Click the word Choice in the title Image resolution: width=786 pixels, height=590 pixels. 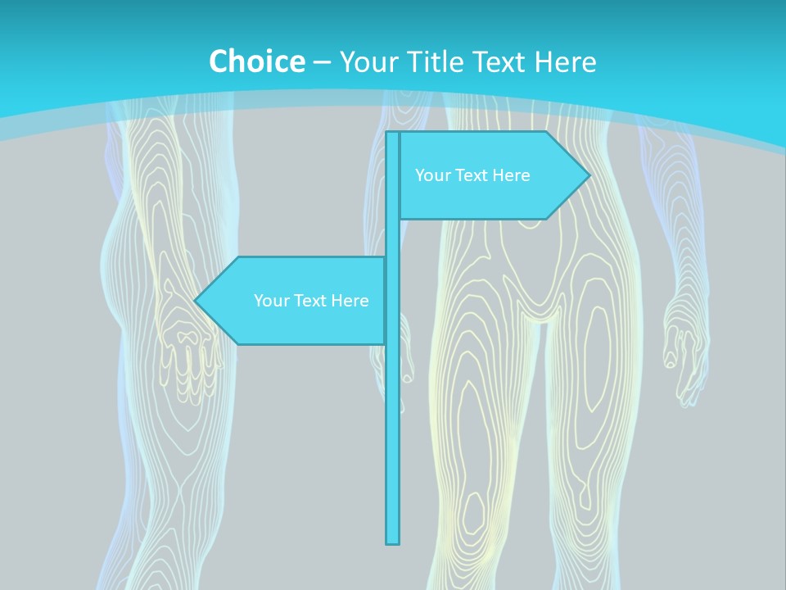(256, 61)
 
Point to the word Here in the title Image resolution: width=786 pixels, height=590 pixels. (565, 61)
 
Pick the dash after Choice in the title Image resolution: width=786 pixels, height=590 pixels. (322, 62)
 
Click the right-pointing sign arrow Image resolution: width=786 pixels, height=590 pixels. (491, 175)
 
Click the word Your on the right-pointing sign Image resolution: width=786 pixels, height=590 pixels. (432, 175)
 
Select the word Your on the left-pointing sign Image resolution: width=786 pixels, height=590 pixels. (271, 301)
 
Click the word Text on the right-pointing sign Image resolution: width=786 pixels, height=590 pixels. (471, 175)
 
